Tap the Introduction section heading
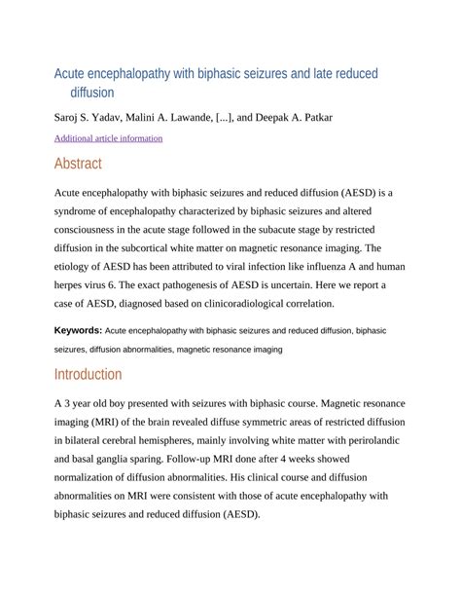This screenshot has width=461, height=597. tap(88, 374)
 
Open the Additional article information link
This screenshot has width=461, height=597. tap(108, 138)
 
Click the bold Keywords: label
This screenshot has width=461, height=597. tap(78, 331)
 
